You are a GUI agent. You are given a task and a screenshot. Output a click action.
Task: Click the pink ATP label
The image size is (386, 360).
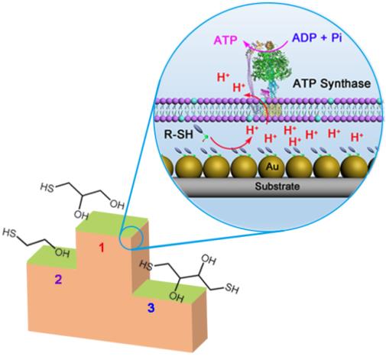pyautogui.click(x=225, y=41)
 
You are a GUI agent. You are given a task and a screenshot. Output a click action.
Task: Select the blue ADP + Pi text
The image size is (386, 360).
pyautogui.click(x=317, y=38)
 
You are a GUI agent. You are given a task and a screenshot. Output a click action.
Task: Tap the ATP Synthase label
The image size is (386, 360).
pyautogui.click(x=332, y=83)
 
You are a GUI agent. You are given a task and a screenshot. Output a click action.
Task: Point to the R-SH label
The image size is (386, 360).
pyautogui.click(x=179, y=135)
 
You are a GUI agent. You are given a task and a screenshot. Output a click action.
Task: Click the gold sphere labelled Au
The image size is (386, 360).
pyautogui.click(x=272, y=167)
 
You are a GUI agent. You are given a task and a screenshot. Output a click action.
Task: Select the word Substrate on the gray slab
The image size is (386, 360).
pyautogui.click(x=277, y=186)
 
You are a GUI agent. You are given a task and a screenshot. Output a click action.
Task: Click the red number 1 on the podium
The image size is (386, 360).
pyautogui.click(x=102, y=248)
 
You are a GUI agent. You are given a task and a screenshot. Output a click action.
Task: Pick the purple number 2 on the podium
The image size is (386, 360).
pyautogui.click(x=58, y=280)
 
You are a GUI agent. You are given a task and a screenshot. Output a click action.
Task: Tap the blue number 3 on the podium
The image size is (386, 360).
pyautogui.click(x=151, y=308)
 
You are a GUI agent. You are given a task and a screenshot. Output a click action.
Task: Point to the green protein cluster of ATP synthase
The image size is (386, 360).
pyautogui.click(x=271, y=66)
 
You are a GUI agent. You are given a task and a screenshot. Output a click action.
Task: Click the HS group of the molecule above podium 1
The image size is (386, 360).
pyautogui.click(x=47, y=188)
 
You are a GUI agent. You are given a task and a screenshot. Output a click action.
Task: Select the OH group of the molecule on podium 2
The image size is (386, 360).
pyautogui.click(x=63, y=253)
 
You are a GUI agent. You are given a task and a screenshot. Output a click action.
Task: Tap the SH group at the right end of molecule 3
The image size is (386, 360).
pyautogui.click(x=232, y=289)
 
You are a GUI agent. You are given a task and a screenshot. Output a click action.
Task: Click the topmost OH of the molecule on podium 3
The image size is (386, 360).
pyautogui.click(x=209, y=260)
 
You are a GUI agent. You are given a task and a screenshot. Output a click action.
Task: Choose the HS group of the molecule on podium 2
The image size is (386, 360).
pyautogui.click(x=9, y=233)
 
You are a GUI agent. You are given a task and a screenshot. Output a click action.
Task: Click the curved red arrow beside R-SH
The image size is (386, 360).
pyautogui.click(x=232, y=147)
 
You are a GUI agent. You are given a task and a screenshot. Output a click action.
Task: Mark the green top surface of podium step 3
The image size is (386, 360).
pyautogui.click(x=170, y=291)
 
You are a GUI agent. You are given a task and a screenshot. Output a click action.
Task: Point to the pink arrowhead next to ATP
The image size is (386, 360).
pyautogui.click(x=246, y=44)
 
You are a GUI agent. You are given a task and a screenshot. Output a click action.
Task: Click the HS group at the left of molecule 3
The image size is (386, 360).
pyautogui.click(x=146, y=265)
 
